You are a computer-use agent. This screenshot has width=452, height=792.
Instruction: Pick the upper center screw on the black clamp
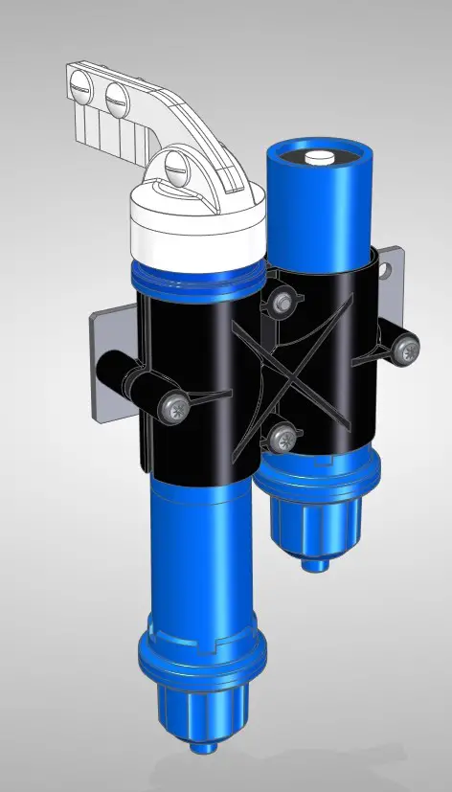tap(281, 304)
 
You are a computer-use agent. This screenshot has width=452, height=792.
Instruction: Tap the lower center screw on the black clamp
tap(282, 440)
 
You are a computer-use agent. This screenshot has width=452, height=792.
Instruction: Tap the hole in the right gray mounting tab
tap(386, 270)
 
